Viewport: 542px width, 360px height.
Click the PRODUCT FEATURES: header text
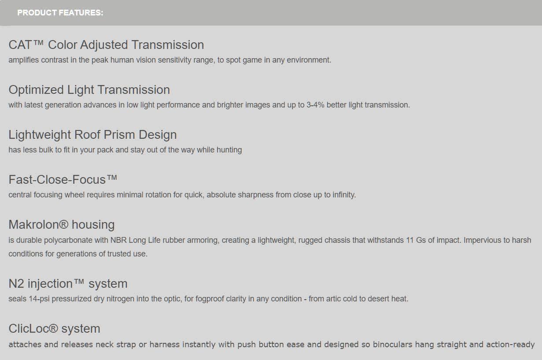(x=60, y=13)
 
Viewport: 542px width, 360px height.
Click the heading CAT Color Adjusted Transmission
(x=106, y=45)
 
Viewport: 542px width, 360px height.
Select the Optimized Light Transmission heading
(x=89, y=90)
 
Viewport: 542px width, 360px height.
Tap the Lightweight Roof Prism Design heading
(x=92, y=135)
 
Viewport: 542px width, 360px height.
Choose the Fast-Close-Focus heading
(x=63, y=180)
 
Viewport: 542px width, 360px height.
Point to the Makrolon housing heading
(x=62, y=225)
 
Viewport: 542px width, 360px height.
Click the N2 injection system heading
(x=68, y=283)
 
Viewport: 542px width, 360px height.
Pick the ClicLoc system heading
(x=54, y=329)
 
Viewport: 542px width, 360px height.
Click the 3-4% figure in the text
(x=315, y=105)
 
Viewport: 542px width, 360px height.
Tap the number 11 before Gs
(x=410, y=240)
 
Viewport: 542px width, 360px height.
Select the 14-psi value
(x=39, y=299)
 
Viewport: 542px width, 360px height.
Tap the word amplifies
(x=23, y=60)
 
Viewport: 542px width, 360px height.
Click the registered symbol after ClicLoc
(x=53, y=328)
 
